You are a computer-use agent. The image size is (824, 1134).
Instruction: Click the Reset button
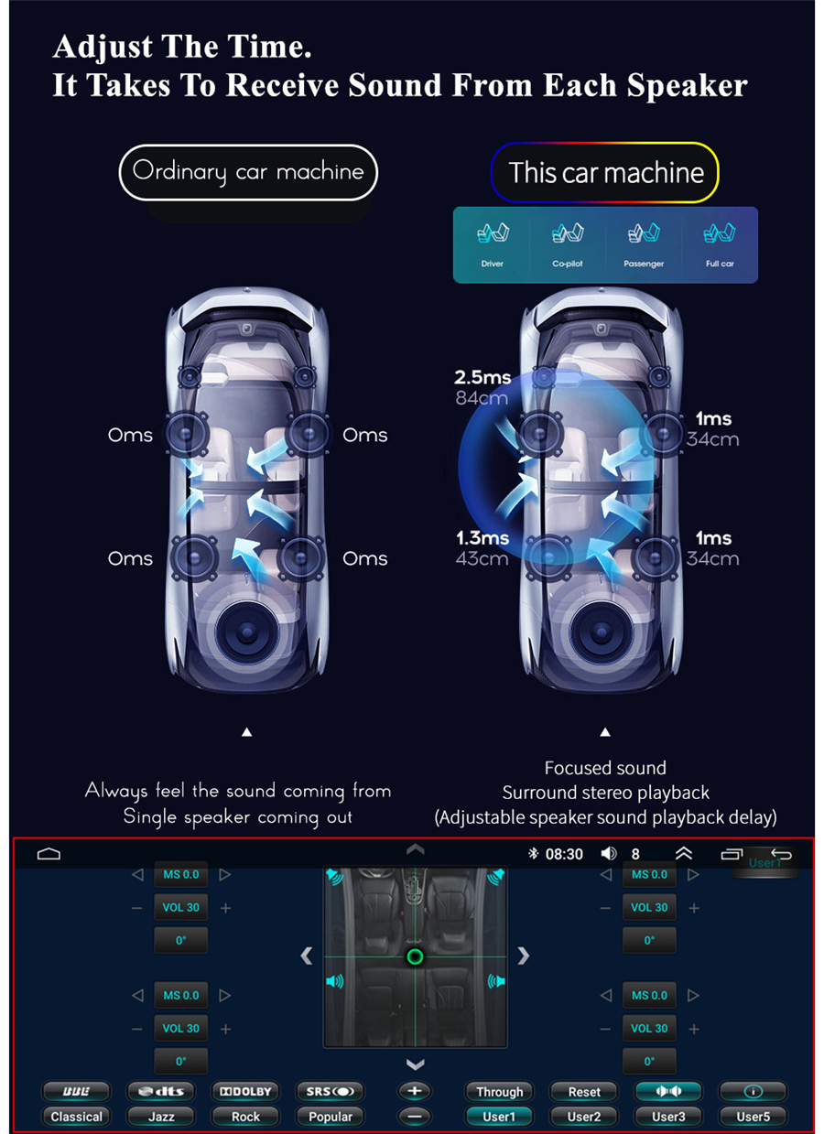pos(583,1092)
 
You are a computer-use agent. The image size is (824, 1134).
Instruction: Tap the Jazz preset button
pos(161,1117)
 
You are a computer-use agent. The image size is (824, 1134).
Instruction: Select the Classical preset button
pos(77,1117)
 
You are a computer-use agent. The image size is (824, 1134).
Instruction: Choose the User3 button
pos(668,1117)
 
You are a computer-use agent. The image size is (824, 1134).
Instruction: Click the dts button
pos(161,1091)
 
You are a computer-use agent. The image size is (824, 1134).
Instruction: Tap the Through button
pos(499,1092)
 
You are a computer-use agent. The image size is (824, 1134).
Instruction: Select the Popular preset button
pos(331,1117)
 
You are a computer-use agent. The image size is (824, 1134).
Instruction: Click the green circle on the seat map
pos(415,956)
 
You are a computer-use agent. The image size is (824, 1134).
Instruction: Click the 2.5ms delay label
pos(482,377)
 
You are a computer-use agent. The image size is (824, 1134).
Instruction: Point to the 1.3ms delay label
pos(482,537)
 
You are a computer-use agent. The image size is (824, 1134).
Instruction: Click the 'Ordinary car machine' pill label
pos(248,172)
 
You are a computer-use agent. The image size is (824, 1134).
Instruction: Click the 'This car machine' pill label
pos(604,173)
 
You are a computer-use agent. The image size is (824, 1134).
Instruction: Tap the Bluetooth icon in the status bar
pos(533,854)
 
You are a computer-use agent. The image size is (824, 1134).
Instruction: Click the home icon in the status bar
pos(49,854)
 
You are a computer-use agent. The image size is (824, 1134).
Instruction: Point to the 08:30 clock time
pos(564,854)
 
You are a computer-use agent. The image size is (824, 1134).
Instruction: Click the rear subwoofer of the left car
pos(246,632)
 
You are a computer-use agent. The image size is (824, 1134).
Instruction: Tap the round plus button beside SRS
pos(414,1091)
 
